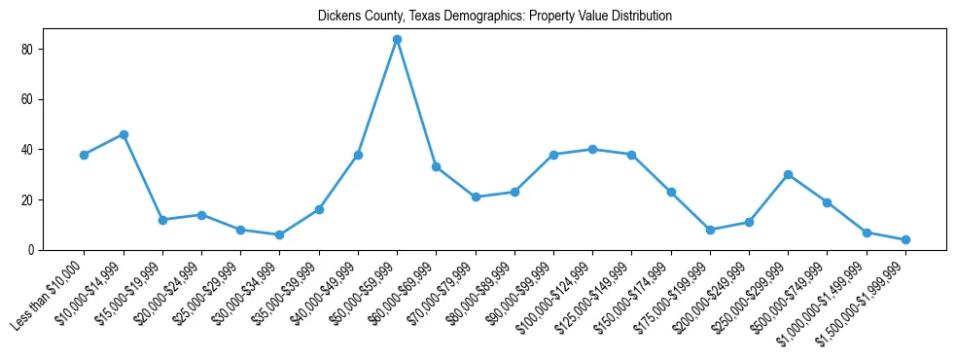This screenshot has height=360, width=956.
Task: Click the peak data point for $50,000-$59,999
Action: pos(397,39)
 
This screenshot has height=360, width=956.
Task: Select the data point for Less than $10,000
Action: pos(84,155)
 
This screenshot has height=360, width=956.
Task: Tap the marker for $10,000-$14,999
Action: pos(124,134)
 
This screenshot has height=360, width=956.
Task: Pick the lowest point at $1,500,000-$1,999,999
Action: pos(905,239)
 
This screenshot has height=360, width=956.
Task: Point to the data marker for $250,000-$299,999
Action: pos(788,174)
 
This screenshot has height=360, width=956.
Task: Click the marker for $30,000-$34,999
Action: pos(279,234)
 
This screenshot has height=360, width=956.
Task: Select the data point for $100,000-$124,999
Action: pos(592,149)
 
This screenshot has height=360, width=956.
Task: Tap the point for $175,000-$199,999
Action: pos(710,230)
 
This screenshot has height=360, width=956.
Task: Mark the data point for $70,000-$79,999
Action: pos(476,197)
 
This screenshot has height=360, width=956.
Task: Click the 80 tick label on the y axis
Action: pos(28,49)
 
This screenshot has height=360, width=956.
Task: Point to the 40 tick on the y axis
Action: pos(28,150)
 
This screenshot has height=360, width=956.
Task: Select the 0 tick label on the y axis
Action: pos(31,250)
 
